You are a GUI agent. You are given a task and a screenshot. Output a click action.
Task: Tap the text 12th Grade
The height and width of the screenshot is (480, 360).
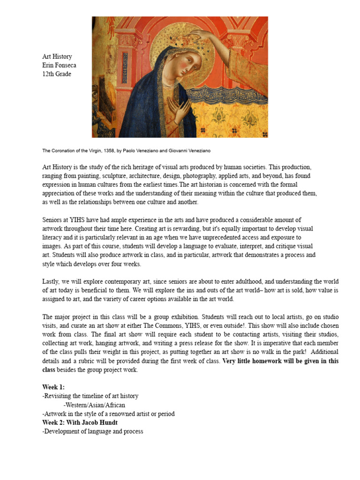(57, 74)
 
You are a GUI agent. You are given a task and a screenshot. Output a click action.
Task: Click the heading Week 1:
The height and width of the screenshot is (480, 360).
(53, 387)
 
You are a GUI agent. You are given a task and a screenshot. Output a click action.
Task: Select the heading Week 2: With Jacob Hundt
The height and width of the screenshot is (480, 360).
(80, 423)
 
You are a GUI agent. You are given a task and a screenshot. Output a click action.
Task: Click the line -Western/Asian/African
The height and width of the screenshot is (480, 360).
(95, 405)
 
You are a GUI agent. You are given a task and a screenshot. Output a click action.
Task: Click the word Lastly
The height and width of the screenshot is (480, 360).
(52, 281)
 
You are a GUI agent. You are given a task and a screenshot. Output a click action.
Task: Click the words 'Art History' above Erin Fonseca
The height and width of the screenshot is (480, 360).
(57, 57)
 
